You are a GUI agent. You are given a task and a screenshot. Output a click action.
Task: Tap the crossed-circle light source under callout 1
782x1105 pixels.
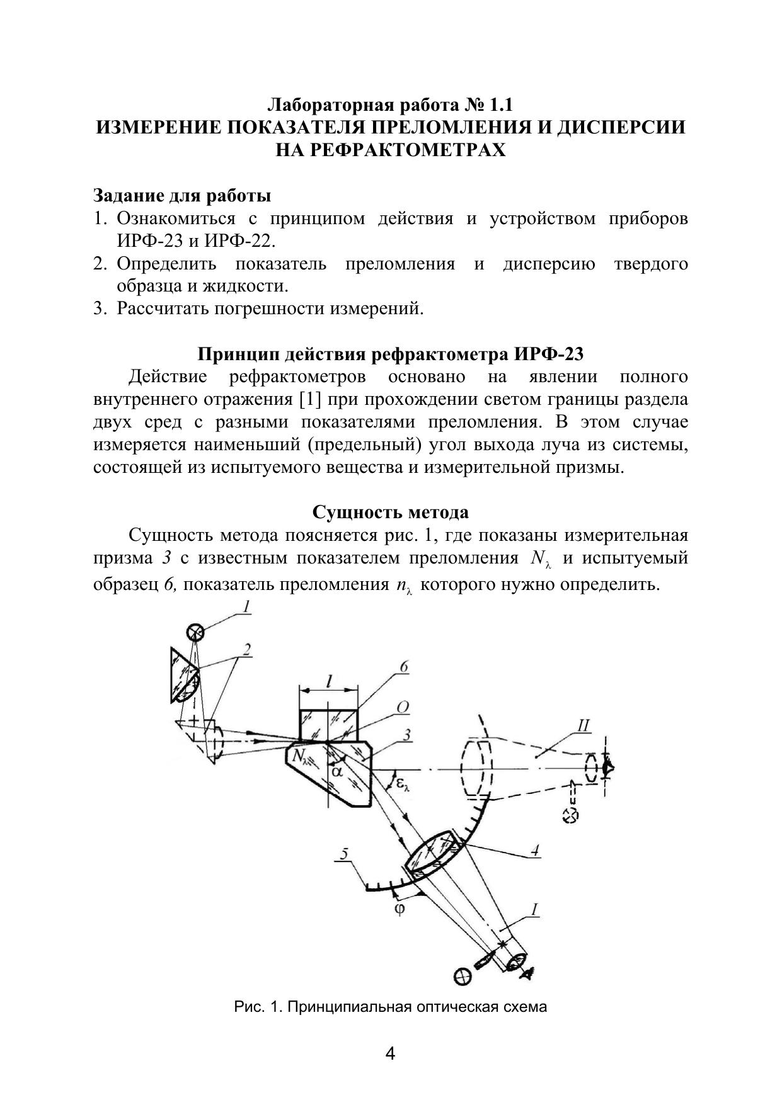coord(195,632)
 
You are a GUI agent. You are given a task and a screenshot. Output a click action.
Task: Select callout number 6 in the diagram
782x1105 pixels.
coord(404,667)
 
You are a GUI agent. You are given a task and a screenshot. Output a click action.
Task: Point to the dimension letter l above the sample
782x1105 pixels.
coord(329,681)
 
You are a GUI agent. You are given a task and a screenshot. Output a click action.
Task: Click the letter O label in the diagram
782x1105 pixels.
coord(403,708)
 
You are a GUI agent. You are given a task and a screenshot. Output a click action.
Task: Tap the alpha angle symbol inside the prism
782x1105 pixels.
coord(338,771)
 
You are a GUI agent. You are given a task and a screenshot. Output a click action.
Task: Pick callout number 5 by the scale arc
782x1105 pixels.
coord(343,854)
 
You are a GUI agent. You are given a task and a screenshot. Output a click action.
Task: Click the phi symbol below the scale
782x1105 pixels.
coord(400,909)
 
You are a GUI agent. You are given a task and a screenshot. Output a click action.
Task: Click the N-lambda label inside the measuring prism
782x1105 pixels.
coord(302,755)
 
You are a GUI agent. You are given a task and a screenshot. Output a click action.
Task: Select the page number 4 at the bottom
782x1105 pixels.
coord(390,1053)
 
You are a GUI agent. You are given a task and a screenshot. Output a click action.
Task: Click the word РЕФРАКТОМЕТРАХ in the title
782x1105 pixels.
coord(391,150)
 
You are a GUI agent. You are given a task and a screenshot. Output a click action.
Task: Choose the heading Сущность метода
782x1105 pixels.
coord(391,512)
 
